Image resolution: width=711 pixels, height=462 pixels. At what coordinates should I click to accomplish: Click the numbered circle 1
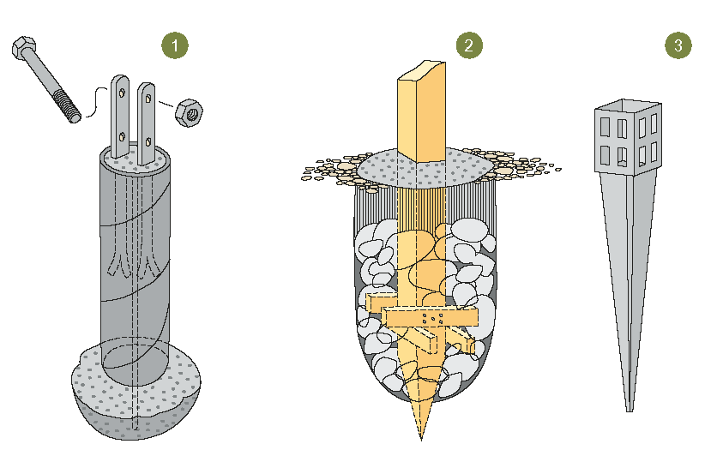[175, 45]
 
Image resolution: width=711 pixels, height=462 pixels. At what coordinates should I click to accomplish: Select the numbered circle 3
[678, 45]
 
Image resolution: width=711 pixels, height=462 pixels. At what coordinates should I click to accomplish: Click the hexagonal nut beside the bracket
[189, 111]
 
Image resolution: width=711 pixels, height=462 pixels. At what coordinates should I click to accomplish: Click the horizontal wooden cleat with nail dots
[429, 317]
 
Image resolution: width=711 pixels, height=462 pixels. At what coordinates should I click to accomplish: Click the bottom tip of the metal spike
[629, 406]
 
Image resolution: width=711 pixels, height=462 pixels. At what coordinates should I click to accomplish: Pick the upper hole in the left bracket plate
[122, 92]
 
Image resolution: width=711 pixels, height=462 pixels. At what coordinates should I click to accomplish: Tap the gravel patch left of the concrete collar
[330, 171]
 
